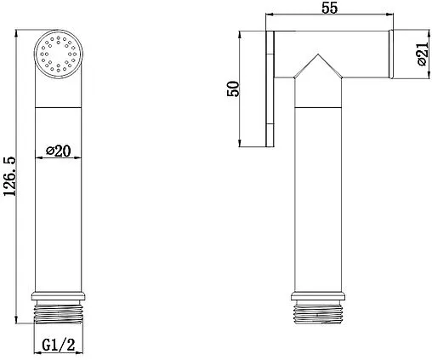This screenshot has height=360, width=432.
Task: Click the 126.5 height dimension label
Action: (9, 176)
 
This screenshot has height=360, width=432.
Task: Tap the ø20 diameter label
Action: (59, 151)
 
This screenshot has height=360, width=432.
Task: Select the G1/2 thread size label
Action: (59, 345)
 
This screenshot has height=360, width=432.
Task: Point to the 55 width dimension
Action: (330, 8)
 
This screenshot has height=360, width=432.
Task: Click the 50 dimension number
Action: (233, 89)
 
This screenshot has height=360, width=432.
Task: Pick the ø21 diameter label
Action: (423, 54)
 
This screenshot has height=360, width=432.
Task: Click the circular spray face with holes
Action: (59, 54)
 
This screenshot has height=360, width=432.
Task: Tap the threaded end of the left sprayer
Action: (59, 314)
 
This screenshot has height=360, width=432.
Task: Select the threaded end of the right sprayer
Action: (318, 314)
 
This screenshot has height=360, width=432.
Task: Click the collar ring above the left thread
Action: (59, 295)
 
